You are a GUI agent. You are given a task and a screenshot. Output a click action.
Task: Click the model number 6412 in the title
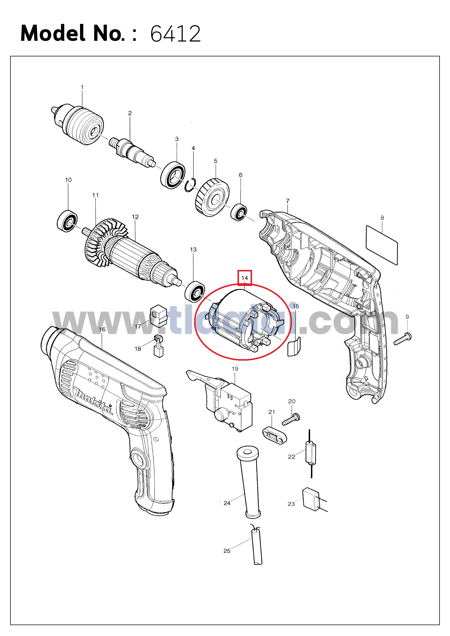175,34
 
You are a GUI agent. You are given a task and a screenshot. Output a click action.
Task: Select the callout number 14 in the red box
245,278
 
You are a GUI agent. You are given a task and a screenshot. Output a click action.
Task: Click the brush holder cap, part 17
159,316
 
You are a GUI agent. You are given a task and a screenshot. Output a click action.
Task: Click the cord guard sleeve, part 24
249,482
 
